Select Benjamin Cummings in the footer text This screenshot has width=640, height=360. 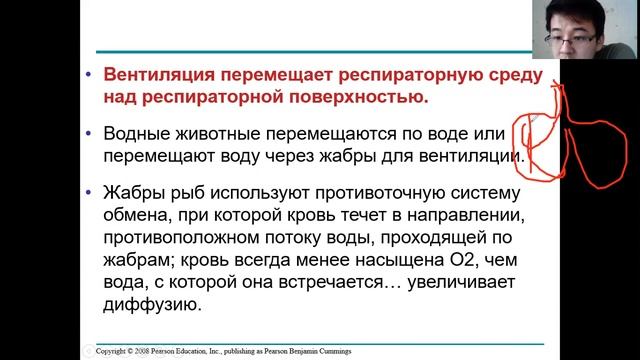331,351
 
